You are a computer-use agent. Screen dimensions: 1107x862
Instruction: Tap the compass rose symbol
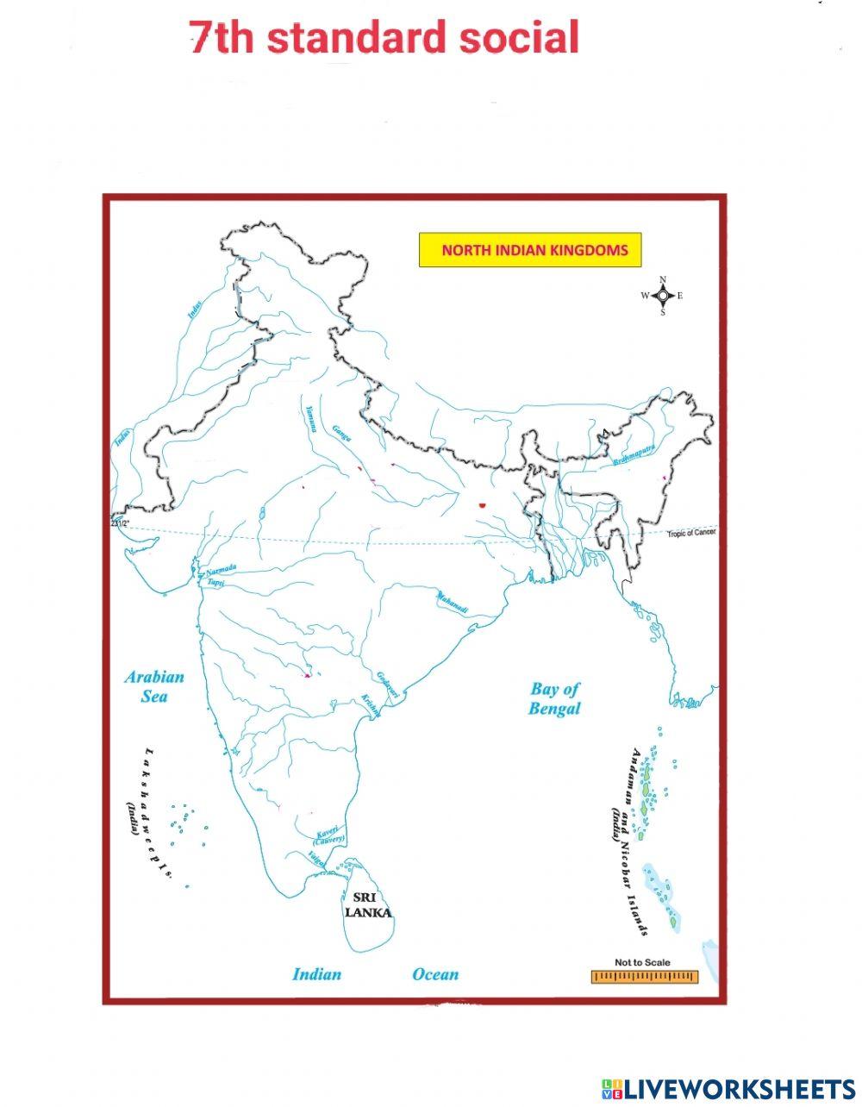coord(662,296)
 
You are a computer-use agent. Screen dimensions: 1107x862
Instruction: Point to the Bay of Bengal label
coord(555,698)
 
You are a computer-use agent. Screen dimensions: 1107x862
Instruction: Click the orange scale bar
coord(644,977)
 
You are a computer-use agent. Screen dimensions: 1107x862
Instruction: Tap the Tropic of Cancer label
coord(690,533)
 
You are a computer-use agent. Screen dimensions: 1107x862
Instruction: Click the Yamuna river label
coord(312,418)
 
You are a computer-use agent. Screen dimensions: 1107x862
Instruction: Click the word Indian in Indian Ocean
coord(316,975)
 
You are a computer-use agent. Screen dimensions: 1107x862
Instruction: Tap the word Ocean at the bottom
coord(435,975)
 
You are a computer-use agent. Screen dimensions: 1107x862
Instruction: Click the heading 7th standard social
coord(384,39)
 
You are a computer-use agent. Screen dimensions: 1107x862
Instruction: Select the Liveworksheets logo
coord(728,1088)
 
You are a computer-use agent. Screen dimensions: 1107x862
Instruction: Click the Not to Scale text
coord(642,963)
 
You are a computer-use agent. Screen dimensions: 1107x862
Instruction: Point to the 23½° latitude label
coord(119,523)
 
